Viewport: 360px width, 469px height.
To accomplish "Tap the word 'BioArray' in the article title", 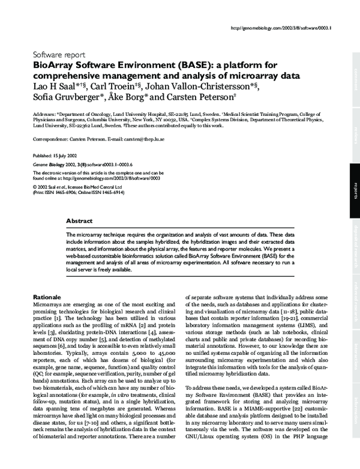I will tap(53, 64).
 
